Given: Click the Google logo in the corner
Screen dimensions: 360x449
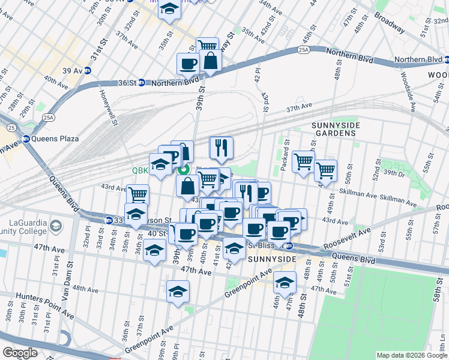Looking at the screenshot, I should click(20, 353).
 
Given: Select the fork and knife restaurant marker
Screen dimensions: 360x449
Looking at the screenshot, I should click(221, 147).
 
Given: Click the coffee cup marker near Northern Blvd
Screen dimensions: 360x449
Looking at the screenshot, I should click(188, 64).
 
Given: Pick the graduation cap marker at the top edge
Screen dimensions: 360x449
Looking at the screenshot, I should click(170, 10).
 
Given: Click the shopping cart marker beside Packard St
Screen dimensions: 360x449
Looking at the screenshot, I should click(304, 160).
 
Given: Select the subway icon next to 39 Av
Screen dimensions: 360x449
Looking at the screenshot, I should click(87, 70).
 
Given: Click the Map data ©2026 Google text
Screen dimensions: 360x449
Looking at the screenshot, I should click(411, 355).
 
